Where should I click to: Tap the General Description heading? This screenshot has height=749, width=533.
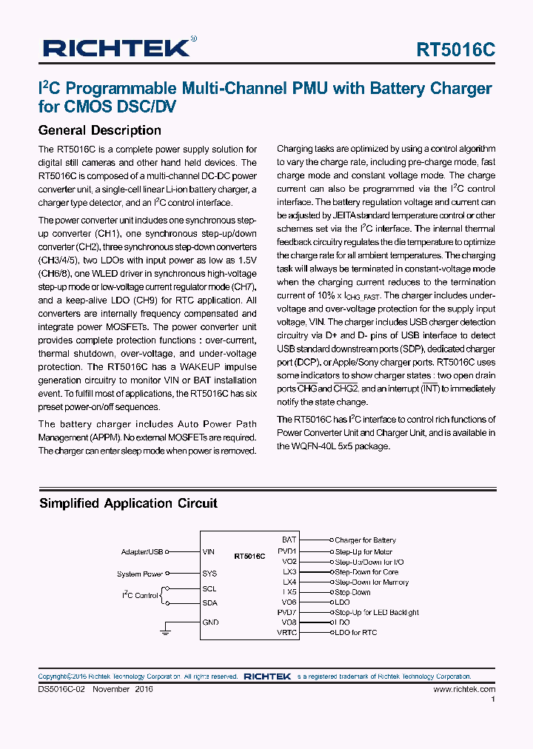99,130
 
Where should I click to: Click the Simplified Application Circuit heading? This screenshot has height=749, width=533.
128,503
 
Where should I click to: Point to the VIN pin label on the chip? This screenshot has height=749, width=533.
209,551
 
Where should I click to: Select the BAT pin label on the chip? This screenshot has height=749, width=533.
289,540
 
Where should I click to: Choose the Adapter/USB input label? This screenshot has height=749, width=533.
142,551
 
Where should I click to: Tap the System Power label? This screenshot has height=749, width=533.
140,574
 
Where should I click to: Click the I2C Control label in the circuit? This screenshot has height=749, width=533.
140,595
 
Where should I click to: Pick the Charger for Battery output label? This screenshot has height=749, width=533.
365,540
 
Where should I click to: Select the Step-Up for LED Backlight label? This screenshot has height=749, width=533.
377,612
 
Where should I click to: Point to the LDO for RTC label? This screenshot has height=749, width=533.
355,632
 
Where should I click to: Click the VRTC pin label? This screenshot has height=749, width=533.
286,632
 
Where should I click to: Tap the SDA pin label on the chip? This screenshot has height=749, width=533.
209,603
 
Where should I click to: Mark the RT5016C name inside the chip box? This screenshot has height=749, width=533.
249,555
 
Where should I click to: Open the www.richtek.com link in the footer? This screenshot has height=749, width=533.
464,688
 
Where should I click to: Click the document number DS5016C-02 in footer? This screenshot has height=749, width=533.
64,688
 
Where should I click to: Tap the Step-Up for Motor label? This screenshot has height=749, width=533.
363,551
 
